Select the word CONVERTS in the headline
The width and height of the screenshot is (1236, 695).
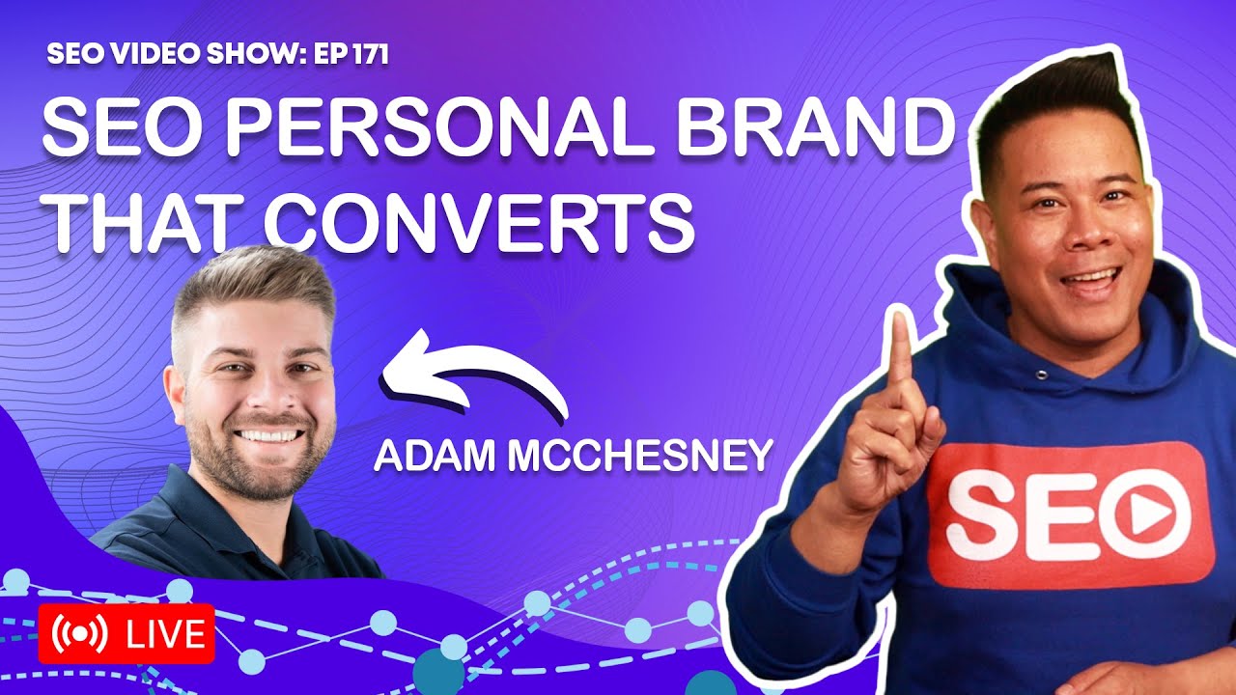[x=479, y=220]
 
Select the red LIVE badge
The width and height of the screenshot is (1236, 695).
[x=126, y=634]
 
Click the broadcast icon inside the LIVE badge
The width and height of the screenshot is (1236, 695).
[x=79, y=634]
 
